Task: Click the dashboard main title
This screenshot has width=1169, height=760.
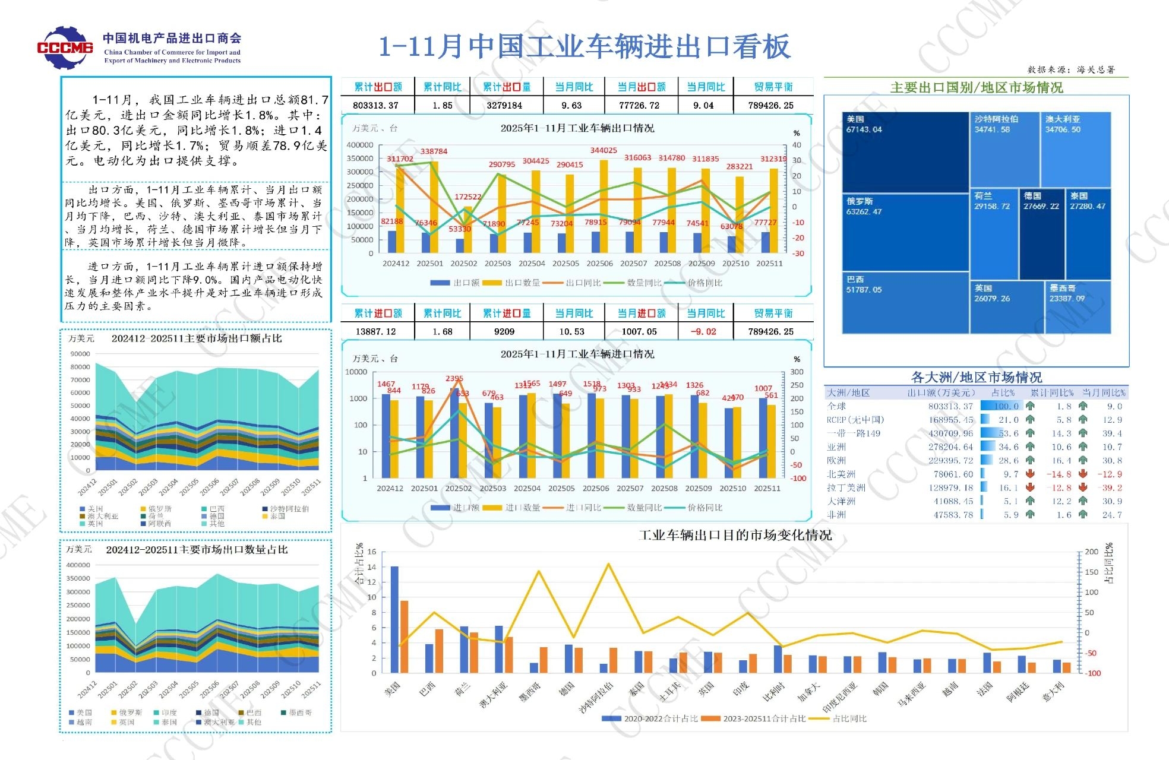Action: tap(584, 47)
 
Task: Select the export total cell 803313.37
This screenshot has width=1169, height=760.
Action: tap(375, 106)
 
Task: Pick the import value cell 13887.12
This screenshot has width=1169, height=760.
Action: tap(375, 331)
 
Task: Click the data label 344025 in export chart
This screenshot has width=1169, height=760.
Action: tap(604, 151)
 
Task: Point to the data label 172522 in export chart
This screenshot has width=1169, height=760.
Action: tap(468, 197)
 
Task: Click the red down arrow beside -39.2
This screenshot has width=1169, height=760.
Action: tap(1083, 487)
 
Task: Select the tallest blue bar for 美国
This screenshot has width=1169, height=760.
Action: tap(394, 619)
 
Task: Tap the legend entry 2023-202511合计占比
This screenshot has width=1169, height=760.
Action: tap(764, 718)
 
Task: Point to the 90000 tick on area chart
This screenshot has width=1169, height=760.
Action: tap(80, 354)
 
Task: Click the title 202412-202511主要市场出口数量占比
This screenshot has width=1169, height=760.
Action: tap(197, 550)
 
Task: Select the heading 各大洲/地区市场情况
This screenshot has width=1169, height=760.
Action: tap(976, 378)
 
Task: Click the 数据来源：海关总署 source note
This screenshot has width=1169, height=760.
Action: tap(1071, 70)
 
